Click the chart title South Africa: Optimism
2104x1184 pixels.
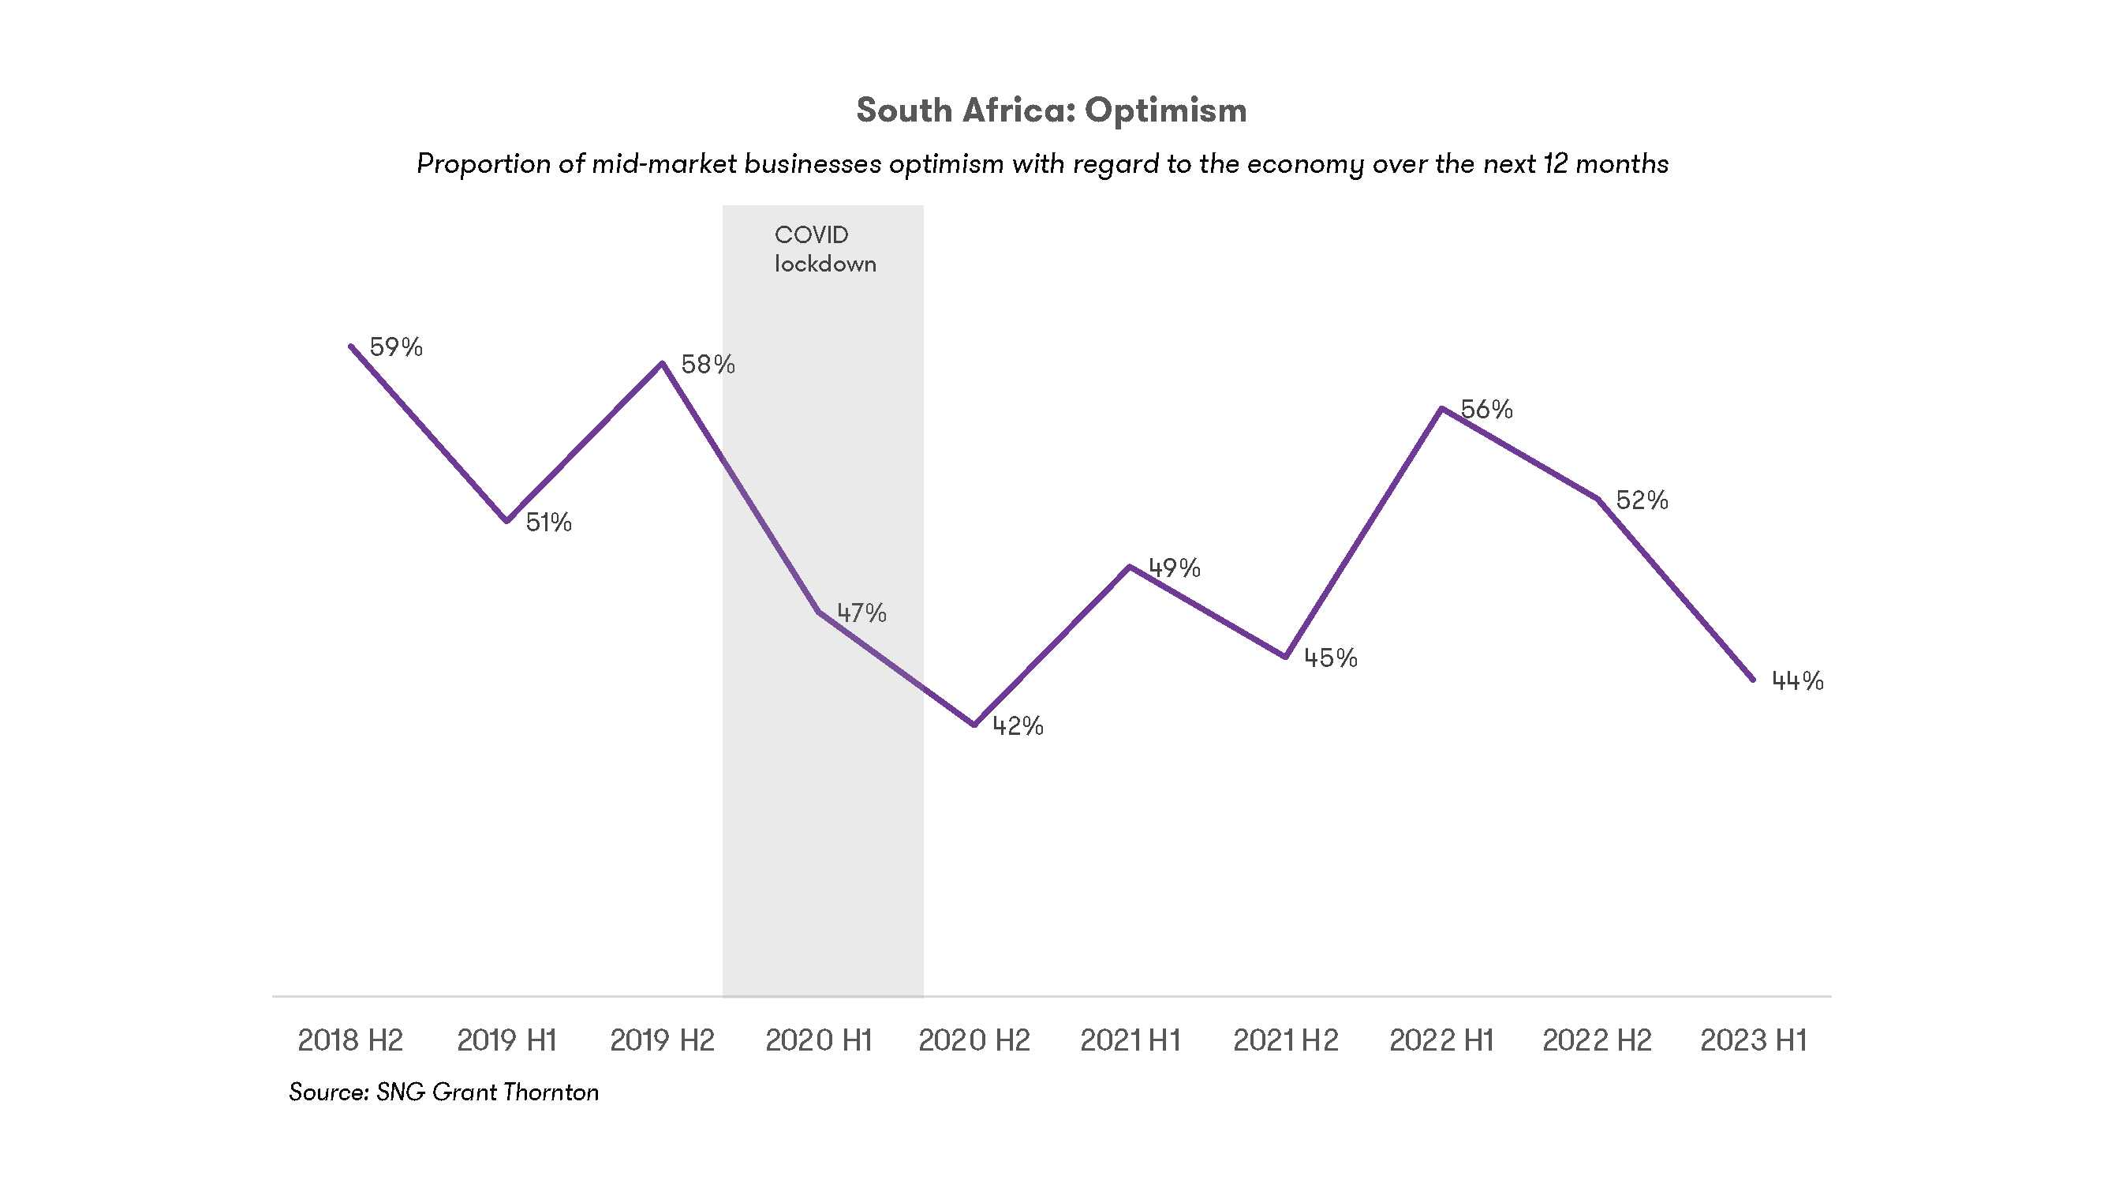(1051, 111)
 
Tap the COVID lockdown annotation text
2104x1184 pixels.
(824, 249)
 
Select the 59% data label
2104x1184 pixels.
(396, 347)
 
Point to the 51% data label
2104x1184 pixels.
(548, 522)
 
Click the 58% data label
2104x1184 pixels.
(708, 365)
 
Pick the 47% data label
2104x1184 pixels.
(861, 613)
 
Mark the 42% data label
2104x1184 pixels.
(1018, 725)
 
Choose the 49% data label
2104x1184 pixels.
(1175, 568)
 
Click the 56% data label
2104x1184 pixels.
(1486, 410)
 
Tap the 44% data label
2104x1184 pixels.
(1797, 680)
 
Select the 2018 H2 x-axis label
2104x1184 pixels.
(350, 1040)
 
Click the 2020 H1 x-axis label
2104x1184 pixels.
(818, 1040)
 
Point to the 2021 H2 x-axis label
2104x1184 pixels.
(1286, 1040)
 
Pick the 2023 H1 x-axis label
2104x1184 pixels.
(1754, 1040)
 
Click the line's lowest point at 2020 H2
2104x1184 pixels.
(974, 724)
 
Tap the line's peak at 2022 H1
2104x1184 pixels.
(1442, 409)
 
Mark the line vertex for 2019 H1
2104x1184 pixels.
(506, 520)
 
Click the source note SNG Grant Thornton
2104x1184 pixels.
(443, 1092)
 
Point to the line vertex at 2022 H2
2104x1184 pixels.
(1598, 498)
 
